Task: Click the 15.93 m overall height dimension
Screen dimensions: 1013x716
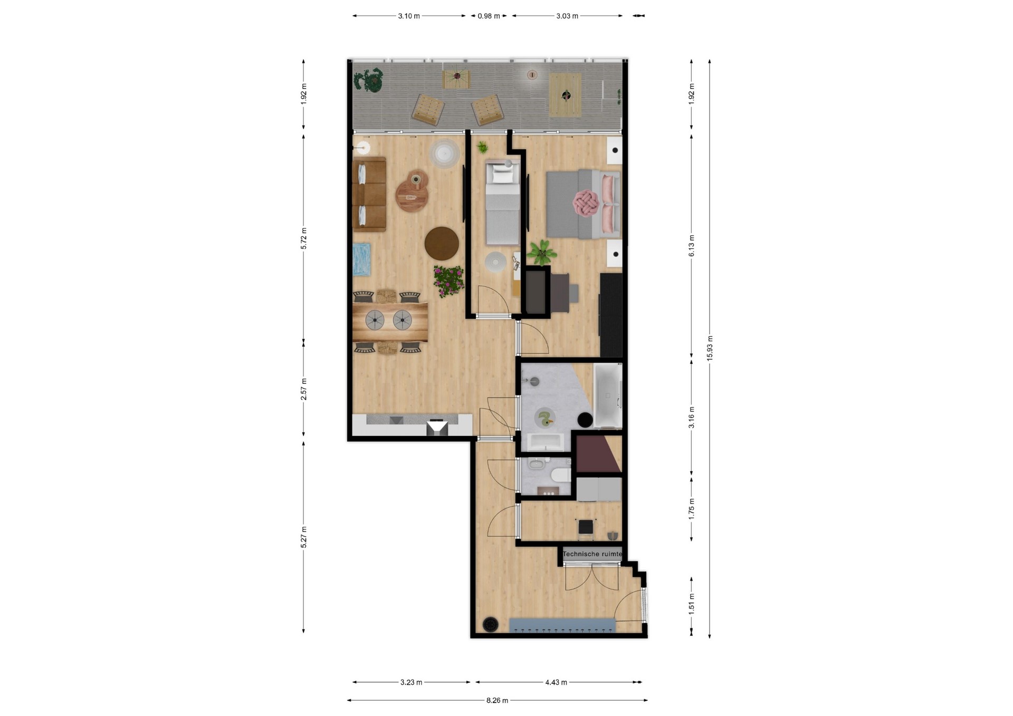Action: pyautogui.click(x=710, y=348)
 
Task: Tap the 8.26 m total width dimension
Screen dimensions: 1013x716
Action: pyautogui.click(x=497, y=700)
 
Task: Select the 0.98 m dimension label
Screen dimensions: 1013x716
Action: pyautogui.click(x=489, y=16)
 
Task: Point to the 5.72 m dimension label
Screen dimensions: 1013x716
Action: pyautogui.click(x=303, y=238)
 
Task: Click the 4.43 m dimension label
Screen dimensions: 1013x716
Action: pyautogui.click(x=556, y=682)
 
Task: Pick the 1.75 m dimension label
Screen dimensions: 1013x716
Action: pyautogui.click(x=692, y=509)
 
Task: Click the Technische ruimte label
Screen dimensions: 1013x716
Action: pyautogui.click(x=592, y=554)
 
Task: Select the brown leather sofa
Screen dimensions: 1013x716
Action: pyautogui.click(x=369, y=194)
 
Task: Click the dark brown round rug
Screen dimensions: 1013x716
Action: pyautogui.click(x=442, y=244)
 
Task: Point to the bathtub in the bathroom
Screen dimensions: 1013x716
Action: pyautogui.click(x=608, y=395)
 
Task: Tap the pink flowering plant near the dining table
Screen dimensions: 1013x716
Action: pyautogui.click(x=448, y=281)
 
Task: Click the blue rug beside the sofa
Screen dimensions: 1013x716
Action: pyautogui.click(x=362, y=259)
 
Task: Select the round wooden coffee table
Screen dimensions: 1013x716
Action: pyautogui.click(x=412, y=195)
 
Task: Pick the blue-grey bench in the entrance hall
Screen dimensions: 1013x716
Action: pyautogui.click(x=562, y=626)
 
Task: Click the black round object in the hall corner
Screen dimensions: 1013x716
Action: pyautogui.click(x=491, y=624)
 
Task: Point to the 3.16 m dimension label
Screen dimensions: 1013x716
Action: pyautogui.click(x=692, y=417)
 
